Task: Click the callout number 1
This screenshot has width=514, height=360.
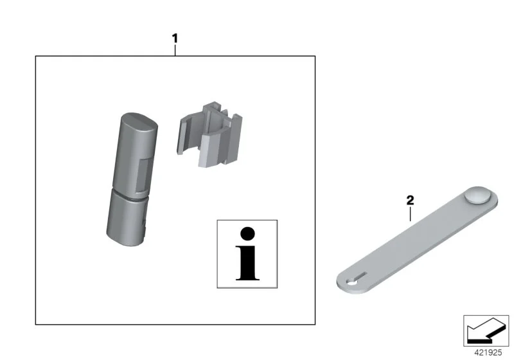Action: [x=175, y=39]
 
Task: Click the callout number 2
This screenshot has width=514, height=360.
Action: [x=410, y=200]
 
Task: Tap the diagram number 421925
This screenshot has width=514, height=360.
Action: [x=488, y=352]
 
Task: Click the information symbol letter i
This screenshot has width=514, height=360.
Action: [x=247, y=254]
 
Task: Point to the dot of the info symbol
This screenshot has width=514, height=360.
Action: [x=247, y=234]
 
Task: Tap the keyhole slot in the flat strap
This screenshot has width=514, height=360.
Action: [x=356, y=278]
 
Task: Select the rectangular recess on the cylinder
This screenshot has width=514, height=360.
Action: [x=143, y=175]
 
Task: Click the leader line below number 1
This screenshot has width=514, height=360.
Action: [x=175, y=50]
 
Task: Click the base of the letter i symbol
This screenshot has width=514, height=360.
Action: [x=247, y=279]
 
